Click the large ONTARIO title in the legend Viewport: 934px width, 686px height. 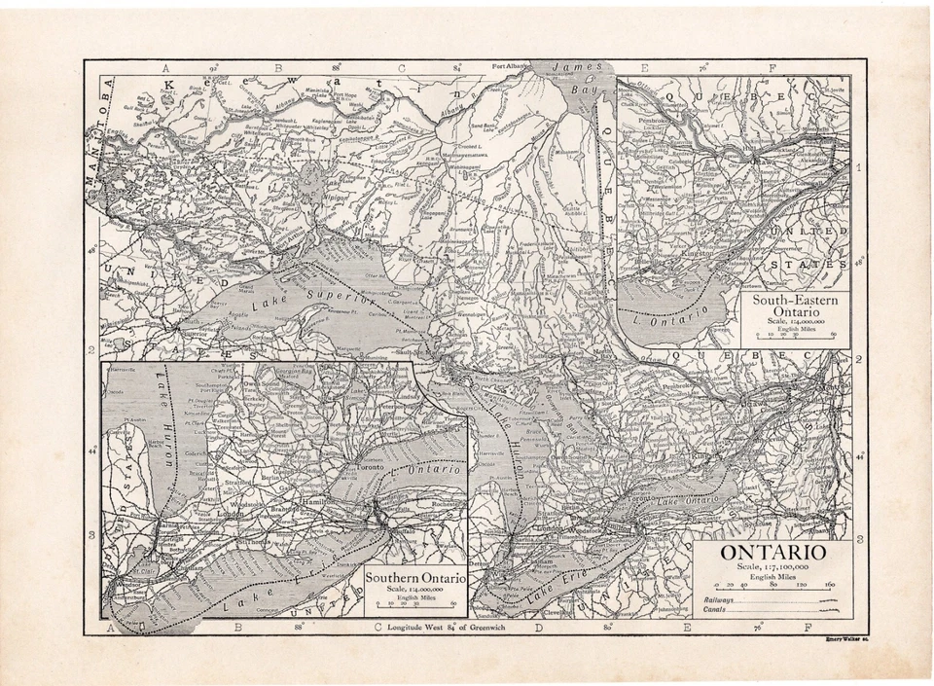point(773,552)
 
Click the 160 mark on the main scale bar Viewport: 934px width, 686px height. point(830,586)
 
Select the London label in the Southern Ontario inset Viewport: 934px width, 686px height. point(233,513)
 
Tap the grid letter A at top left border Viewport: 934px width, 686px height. point(166,68)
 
